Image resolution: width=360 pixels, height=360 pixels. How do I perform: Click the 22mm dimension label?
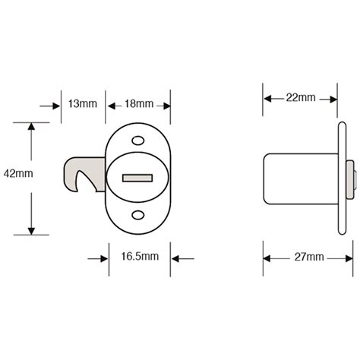[x=301, y=98]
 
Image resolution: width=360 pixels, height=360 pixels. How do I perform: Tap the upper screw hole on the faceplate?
[x=138, y=141]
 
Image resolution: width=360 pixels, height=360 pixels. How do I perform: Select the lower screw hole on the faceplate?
[x=138, y=216]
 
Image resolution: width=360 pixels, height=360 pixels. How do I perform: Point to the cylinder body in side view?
[x=300, y=178]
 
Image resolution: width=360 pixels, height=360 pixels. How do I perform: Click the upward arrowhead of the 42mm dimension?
[x=31, y=126]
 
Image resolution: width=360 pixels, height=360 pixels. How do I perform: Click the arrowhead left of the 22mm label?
[x=269, y=98]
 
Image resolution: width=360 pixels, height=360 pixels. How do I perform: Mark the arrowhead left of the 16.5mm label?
[x=102, y=258]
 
